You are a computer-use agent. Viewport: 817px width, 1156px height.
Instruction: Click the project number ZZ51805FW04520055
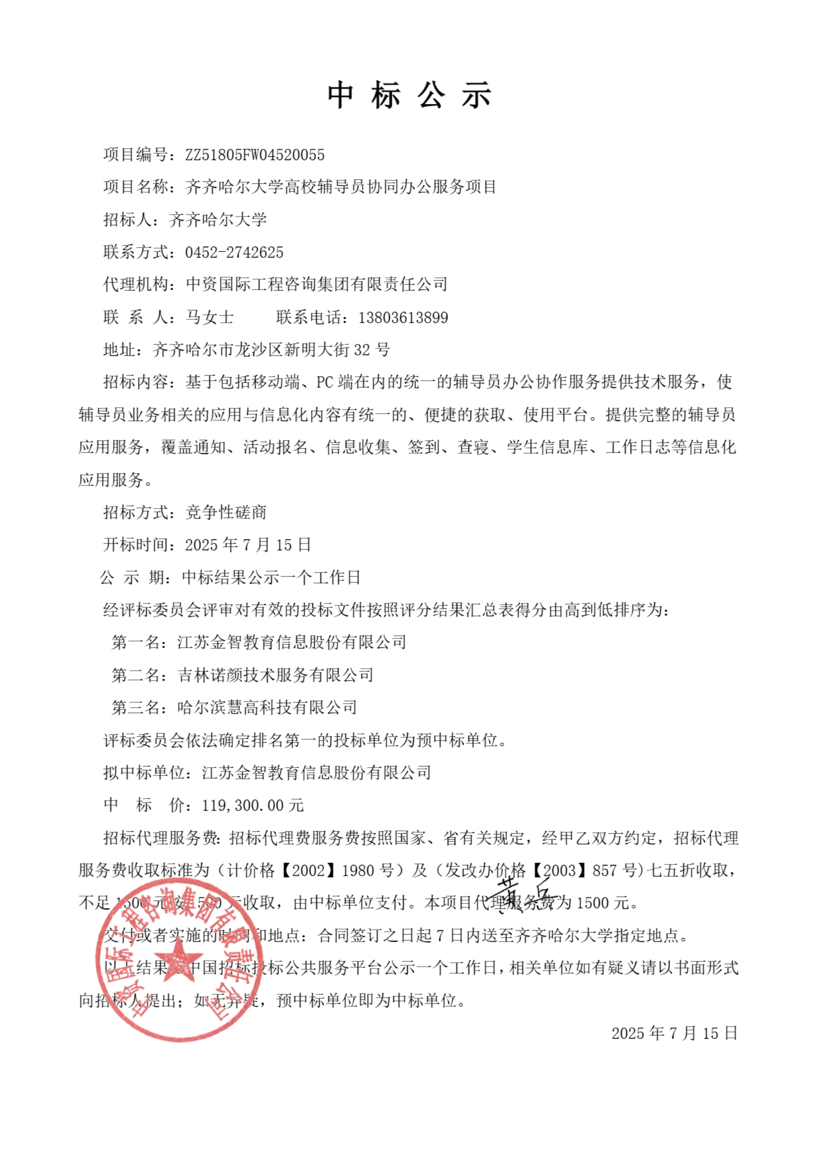(x=255, y=155)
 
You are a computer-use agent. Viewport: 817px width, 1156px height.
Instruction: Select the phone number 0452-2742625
(x=234, y=252)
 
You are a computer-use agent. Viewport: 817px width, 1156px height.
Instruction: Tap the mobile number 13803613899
(x=403, y=318)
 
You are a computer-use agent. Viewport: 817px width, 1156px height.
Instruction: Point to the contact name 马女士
(x=210, y=318)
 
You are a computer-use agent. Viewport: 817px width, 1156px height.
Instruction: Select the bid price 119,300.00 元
(x=253, y=805)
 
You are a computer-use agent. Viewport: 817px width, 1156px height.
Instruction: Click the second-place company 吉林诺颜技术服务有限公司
(x=275, y=675)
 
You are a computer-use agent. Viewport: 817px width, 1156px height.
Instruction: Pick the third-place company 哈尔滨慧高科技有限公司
(x=267, y=707)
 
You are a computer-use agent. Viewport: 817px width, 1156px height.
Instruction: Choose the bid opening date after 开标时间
(x=248, y=545)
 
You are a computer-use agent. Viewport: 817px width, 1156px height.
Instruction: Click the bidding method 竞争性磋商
(x=226, y=513)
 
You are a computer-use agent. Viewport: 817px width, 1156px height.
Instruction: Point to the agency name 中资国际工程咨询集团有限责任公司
(x=317, y=285)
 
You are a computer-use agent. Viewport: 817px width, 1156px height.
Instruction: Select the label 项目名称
(x=136, y=187)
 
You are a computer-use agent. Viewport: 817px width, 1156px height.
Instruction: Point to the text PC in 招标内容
(x=325, y=383)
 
